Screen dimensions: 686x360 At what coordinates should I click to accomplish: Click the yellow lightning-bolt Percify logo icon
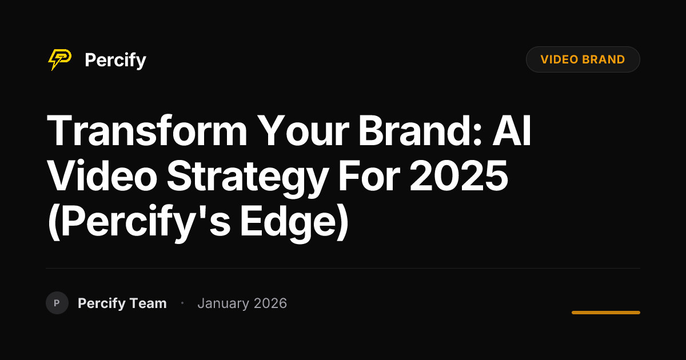point(59,59)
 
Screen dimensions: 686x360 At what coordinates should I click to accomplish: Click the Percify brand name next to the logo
point(115,61)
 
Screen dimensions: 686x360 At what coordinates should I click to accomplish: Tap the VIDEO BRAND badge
point(583,59)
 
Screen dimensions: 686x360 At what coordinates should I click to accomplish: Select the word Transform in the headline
point(147,131)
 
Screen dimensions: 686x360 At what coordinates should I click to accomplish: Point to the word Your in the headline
point(303,131)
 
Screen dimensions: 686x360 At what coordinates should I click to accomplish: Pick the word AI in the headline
point(512,131)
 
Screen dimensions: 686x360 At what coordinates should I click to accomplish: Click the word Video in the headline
point(102,176)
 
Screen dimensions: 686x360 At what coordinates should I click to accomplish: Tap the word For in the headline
point(369,177)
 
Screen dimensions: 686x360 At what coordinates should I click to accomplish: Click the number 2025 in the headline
point(458,177)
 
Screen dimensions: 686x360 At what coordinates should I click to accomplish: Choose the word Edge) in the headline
point(294,222)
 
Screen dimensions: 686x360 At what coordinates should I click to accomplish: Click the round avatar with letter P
point(57,303)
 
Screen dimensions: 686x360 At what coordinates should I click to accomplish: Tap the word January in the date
point(224,304)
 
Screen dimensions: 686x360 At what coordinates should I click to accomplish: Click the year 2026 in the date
point(270,303)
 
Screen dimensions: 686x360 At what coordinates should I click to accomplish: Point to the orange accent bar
point(606,313)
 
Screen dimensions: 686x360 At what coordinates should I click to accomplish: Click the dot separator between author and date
point(182,303)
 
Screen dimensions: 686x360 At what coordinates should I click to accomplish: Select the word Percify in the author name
point(102,303)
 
